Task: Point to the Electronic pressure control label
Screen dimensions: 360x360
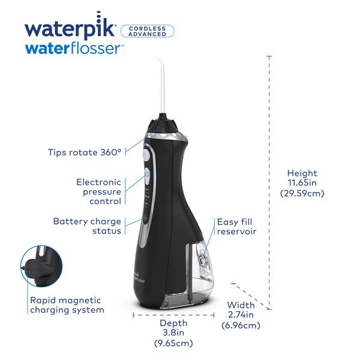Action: click(98, 191)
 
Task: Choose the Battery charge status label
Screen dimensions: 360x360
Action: click(88, 226)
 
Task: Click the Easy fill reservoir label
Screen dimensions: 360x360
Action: click(237, 226)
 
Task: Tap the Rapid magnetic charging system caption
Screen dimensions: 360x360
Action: click(67, 305)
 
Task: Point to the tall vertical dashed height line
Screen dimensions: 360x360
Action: click(269, 180)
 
